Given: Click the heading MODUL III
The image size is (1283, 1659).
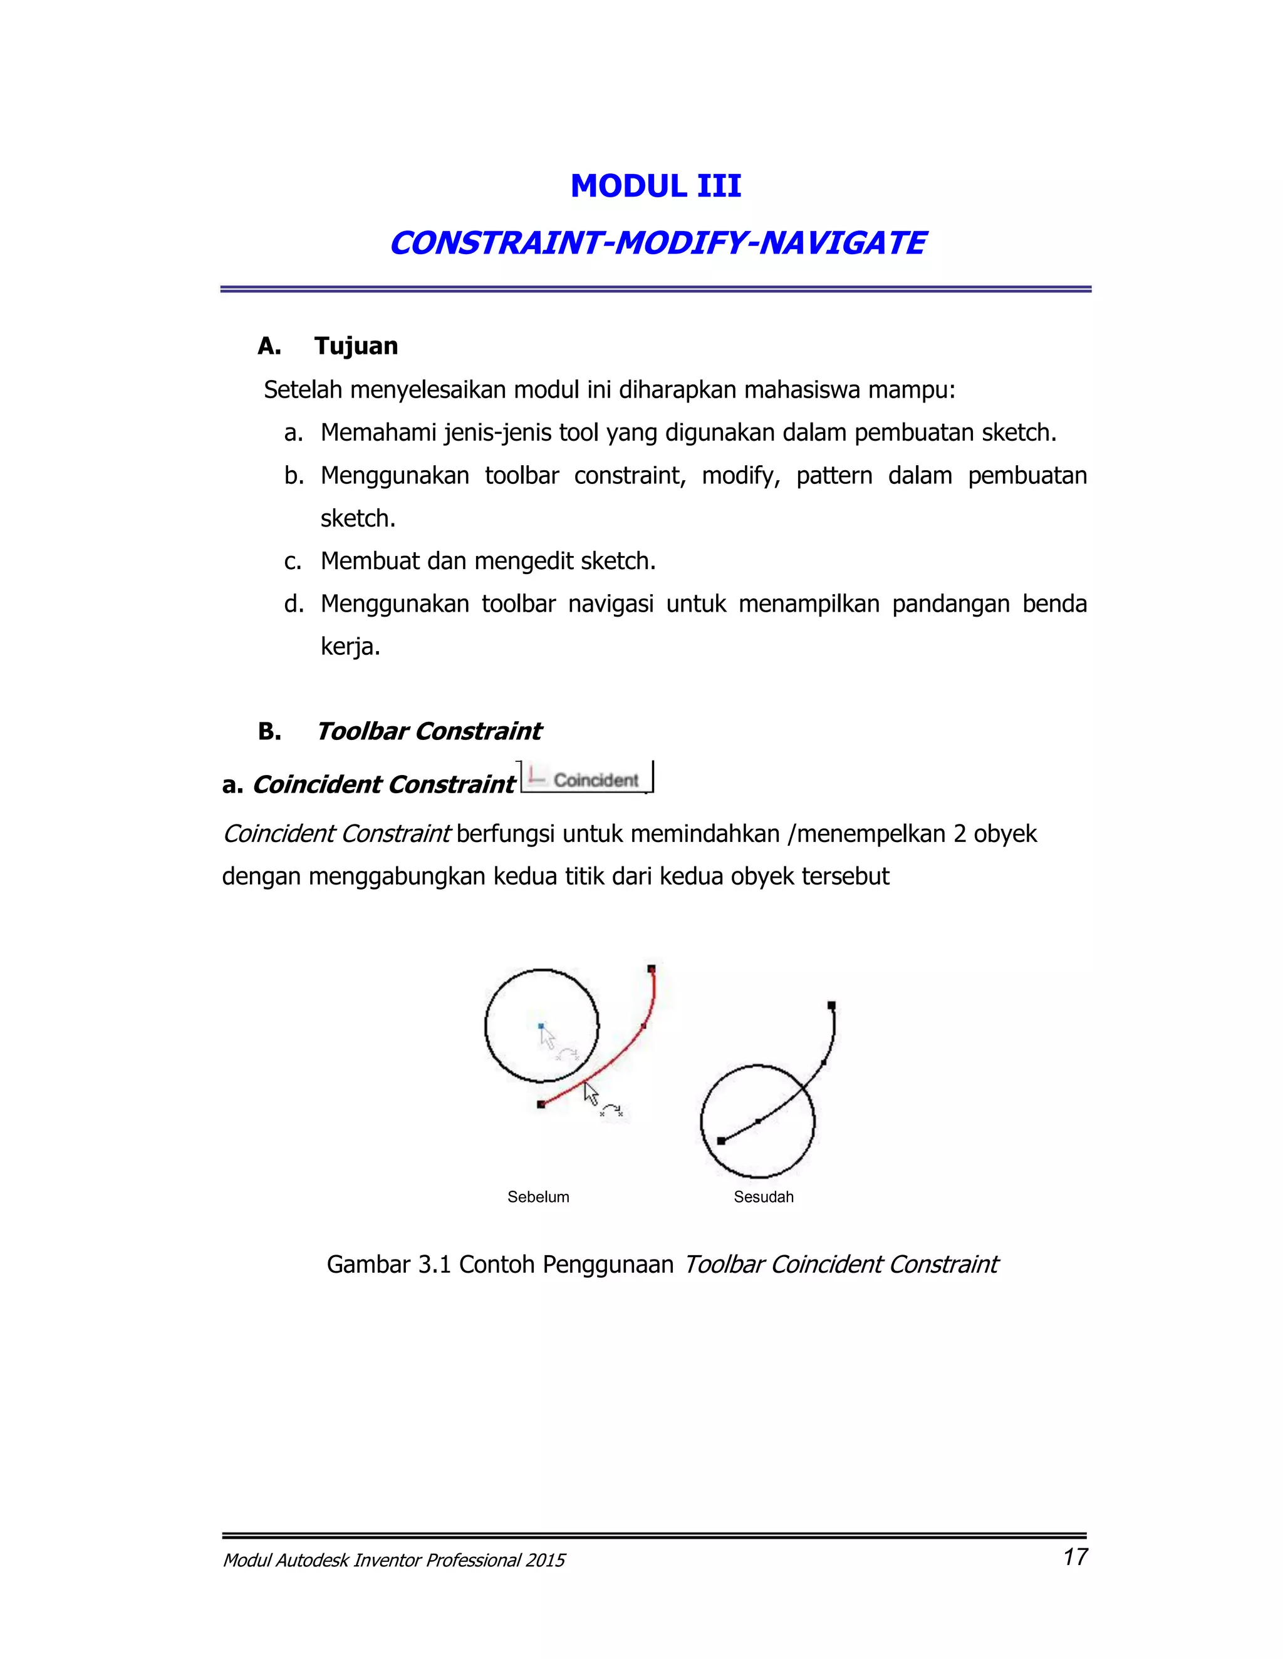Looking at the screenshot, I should [x=655, y=186].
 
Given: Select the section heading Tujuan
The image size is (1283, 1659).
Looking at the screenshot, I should [x=356, y=346].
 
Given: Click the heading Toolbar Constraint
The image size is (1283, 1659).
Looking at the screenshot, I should [x=428, y=731].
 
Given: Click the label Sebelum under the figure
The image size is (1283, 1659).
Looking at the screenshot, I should [x=538, y=1197].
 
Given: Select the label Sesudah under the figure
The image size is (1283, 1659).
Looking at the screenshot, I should [x=763, y=1197].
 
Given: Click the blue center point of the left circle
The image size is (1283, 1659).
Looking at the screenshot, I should [x=541, y=1025].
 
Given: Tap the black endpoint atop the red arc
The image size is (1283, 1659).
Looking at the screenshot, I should [x=652, y=968].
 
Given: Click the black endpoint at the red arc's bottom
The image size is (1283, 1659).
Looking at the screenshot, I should [x=541, y=1104].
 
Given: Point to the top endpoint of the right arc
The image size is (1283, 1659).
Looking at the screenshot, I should [x=831, y=1005].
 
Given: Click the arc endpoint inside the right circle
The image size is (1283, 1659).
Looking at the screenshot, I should [x=721, y=1141].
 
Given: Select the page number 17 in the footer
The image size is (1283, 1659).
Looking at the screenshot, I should [x=1075, y=1556].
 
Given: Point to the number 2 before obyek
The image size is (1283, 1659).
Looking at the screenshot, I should [x=959, y=834].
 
